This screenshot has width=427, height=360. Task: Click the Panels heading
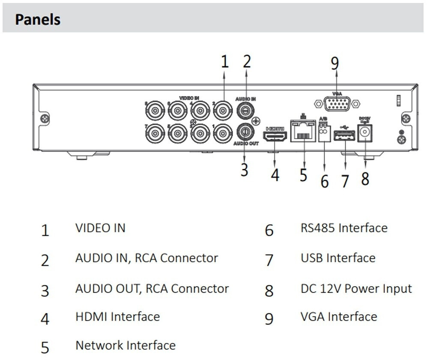coord(38,20)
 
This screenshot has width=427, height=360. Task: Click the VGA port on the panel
coord(337,104)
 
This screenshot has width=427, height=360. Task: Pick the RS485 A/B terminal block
coord(324,135)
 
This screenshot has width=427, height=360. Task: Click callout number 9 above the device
coord(335,63)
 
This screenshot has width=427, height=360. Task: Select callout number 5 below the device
coord(304,175)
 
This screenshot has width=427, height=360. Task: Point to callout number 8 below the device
coord(365,178)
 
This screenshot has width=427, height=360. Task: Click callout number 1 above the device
coord(225,62)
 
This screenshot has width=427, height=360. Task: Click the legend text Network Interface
coord(125,345)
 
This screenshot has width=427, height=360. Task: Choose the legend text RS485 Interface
coord(344,228)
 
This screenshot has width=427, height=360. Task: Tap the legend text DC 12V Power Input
coord(356,288)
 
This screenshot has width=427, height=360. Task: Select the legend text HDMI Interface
coord(118,317)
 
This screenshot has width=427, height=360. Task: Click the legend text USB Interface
coord(338,258)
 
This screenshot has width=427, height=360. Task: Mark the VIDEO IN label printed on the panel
coord(189,98)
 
